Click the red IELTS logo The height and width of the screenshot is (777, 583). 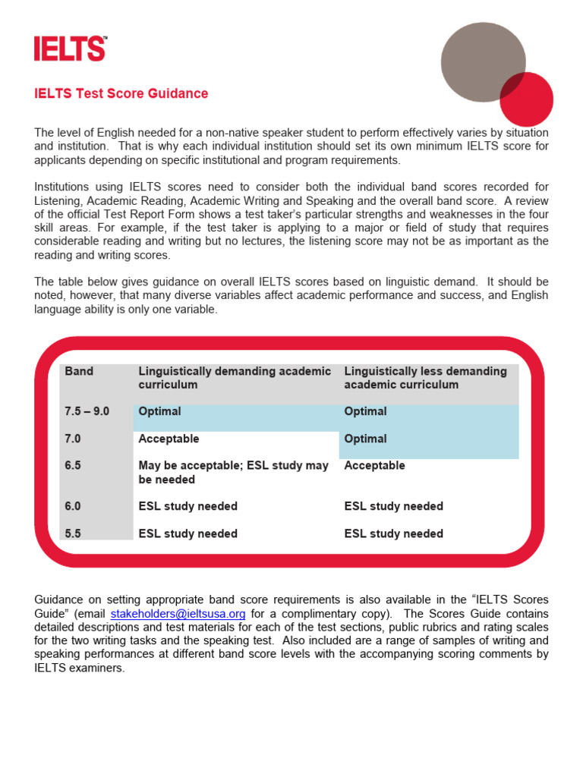pyautogui.click(x=70, y=49)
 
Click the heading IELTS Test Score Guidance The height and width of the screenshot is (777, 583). pyautogui.click(x=121, y=94)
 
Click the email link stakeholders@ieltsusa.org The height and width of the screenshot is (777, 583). pyautogui.click(x=178, y=613)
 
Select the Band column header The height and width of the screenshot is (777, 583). pyautogui.click(x=79, y=372)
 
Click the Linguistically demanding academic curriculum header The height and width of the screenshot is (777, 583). pyautogui.click(x=235, y=378)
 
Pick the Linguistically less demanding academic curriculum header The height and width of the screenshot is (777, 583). pyautogui.click(x=425, y=378)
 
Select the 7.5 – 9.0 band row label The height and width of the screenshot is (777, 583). pyautogui.click(x=87, y=411)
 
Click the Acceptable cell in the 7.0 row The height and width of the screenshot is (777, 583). pyautogui.click(x=169, y=439)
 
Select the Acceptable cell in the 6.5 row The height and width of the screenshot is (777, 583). pyautogui.click(x=374, y=466)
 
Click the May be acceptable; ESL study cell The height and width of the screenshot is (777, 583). pyautogui.click(x=233, y=473)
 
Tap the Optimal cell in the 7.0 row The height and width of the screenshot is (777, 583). pyautogui.click(x=365, y=439)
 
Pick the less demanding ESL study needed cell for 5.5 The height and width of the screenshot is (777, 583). pyautogui.click(x=393, y=533)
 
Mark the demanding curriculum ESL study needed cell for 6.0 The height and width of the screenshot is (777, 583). pyautogui.click(x=188, y=506)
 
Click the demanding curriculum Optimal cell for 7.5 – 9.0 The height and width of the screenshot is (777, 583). pyautogui.click(x=159, y=411)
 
